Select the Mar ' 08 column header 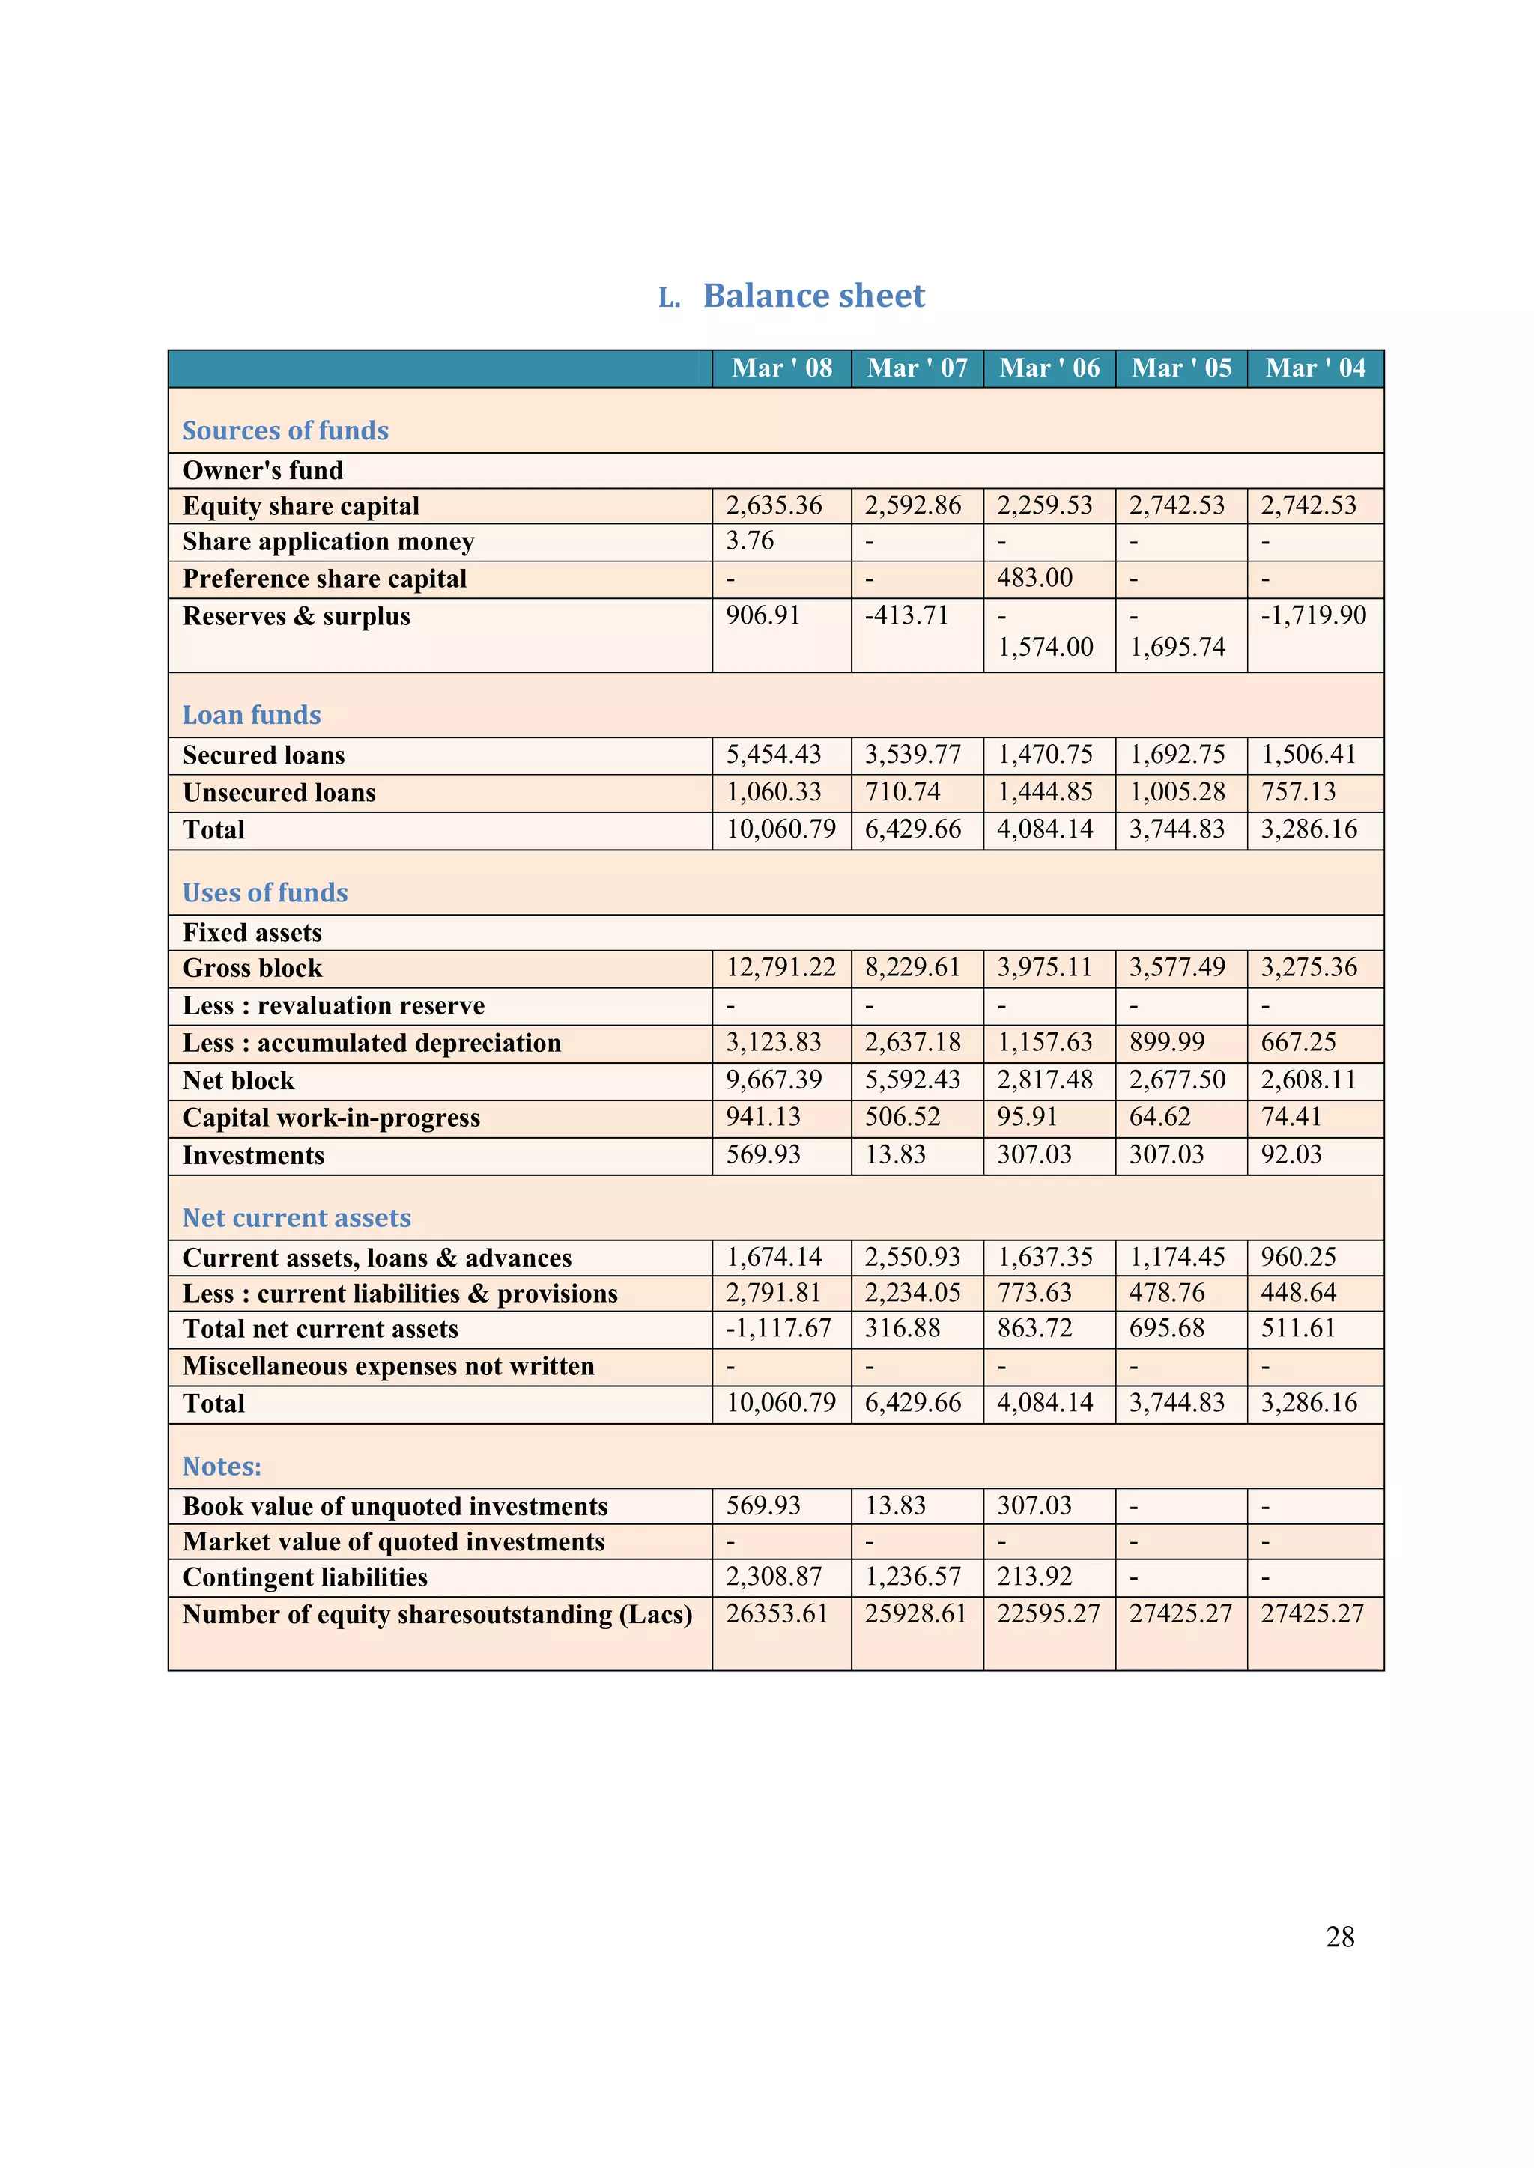coord(781,368)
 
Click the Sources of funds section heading coord(285,430)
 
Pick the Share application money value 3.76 coord(749,541)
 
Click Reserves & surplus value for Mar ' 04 coord(1313,615)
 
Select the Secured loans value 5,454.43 coord(773,755)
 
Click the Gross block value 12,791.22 coord(780,968)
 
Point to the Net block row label coord(238,1081)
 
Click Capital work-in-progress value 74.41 coord(1291,1117)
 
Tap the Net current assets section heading coord(297,1218)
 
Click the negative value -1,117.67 coord(777,1329)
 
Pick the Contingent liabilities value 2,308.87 coord(773,1577)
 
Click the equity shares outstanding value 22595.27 coord(1048,1614)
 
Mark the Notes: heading coord(221,1467)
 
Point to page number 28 coord(1339,1937)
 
